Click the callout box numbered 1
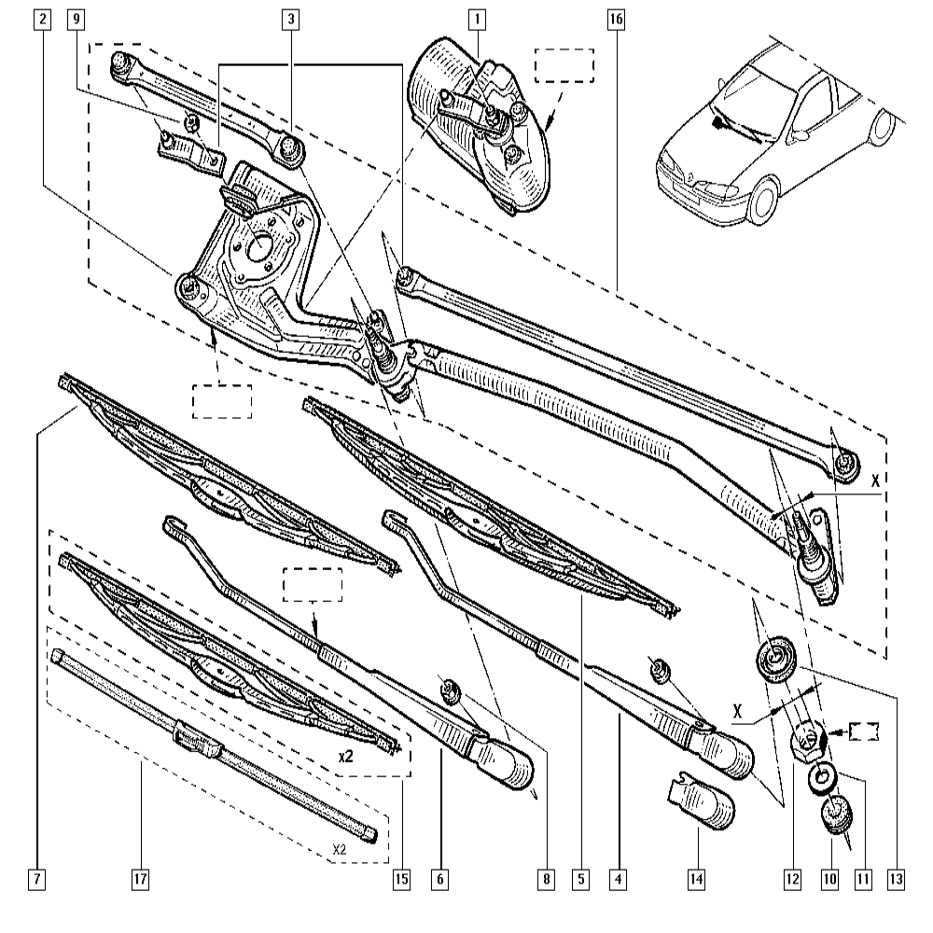coord(477,18)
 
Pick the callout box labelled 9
coord(76,18)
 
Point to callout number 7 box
coord(36,878)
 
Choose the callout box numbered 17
coord(140,878)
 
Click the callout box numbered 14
coord(696,878)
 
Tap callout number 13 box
coord(897,878)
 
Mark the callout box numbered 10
coord(829,878)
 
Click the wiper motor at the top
coord(480,126)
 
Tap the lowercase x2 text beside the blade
coord(344,757)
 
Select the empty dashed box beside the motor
coord(564,66)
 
